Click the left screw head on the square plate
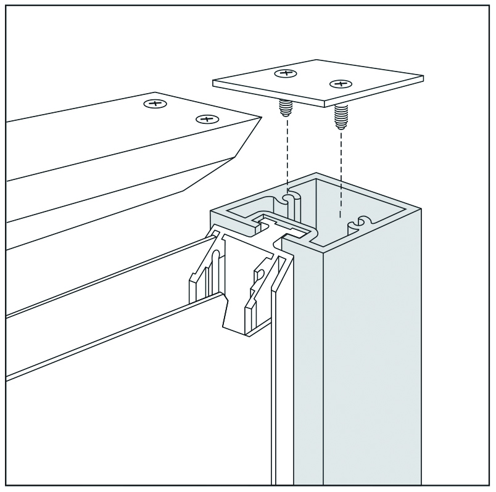tap(284, 73)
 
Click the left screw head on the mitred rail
tap(155, 104)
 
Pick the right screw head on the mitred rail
tap(207, 118)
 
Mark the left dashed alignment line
tap(287, 154)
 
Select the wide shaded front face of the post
tap(373, 345)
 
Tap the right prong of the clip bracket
tap(259, 290)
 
